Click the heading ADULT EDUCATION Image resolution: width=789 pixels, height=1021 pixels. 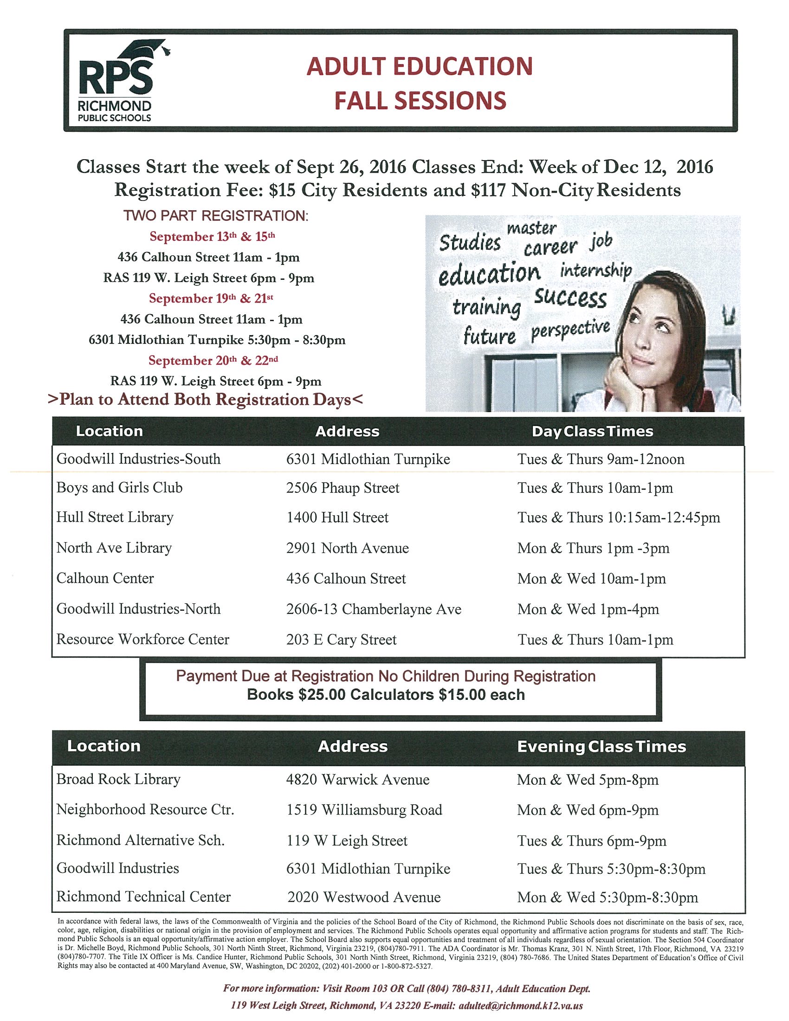[x=419, y=66]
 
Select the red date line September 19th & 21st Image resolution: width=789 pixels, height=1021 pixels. [x=211, y=298]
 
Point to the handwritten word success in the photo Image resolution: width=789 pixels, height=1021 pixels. [x=570, y=297]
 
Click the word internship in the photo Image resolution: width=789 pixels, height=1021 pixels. [x=596, y=271]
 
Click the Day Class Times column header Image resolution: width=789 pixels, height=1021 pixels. [x=592, y=431]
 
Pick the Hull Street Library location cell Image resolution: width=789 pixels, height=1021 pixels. [x=115, y=517]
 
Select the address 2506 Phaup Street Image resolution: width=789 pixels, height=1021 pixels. [x=343, y=488]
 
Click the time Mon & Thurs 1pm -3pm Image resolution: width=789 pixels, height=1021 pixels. [x=593, y=548]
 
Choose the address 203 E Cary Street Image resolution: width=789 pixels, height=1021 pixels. [x=341, y=640]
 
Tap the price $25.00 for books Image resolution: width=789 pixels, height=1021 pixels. [x=322, y=695]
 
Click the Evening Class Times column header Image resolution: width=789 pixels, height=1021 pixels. [x=601, y=746]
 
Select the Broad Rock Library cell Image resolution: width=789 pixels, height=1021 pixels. [x=118, y=779]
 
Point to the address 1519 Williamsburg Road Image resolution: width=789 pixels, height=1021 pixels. [x=364, y=810]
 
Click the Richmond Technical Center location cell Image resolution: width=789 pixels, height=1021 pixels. [x=143, y=897]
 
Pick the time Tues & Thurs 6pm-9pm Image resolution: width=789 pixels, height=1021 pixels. [x=591, y=840]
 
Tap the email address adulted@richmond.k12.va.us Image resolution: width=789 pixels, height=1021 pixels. [x=521, y=1006]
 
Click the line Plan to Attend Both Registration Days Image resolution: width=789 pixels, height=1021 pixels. [x=205, y=400]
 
